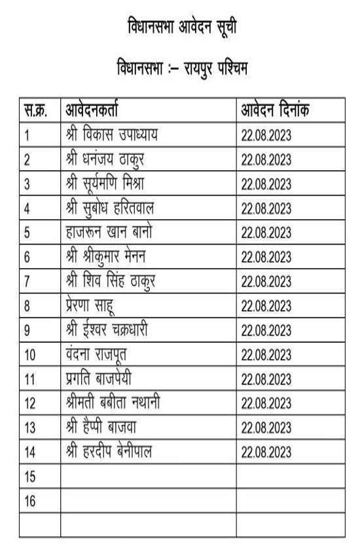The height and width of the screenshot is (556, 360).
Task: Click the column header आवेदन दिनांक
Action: [275, 111]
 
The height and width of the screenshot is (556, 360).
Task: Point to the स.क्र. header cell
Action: [35, 111]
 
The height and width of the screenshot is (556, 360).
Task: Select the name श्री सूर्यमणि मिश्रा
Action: [109, 184]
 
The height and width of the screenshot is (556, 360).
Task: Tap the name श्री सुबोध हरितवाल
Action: [110, 208]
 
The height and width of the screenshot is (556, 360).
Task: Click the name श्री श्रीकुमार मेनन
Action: [111, 256]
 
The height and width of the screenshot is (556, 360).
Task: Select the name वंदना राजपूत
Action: [96, 354]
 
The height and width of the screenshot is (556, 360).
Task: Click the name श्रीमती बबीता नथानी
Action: [113, 403]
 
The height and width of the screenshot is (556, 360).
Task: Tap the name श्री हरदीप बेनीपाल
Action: [109, 451]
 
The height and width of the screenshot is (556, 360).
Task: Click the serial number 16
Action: [29, 501]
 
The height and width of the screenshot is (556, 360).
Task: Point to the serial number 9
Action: [27, 330]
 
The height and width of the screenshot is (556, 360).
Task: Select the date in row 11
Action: [266, 379]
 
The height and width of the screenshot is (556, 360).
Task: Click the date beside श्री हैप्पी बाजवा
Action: [266, 428]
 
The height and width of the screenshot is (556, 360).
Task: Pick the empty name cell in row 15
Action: [148, 477]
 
